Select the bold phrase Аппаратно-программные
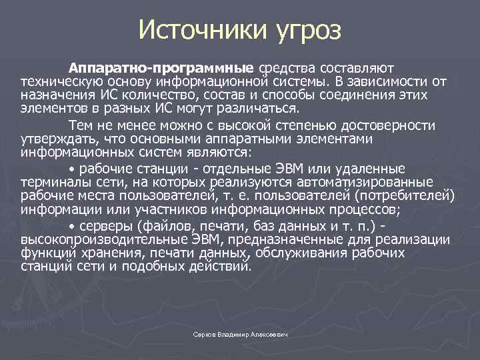pos(161,68)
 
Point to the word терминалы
pos(51,182)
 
